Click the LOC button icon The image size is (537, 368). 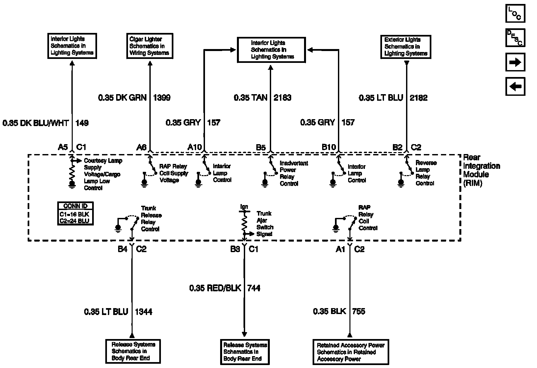[x=515, y=13]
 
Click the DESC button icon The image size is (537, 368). [x=515, y=38]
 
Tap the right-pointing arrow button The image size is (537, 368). [x=515, y=62]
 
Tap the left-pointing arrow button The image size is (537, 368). [x=515, y=87]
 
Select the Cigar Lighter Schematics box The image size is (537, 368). [x=149, y=46]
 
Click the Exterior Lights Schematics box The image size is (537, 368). [x=406, y=47]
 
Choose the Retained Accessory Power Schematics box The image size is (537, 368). [x=350, y=352]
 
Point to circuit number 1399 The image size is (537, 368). [x=162, y=98]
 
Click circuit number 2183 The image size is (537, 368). [x=282, y=98]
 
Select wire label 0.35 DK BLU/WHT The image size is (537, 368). [x=36, y=123]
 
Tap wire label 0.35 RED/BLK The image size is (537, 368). [x=215, y=288]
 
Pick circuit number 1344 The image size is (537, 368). [x=144, y=312]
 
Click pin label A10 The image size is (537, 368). [x=194, y=147]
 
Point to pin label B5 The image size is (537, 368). [x=261, y=147]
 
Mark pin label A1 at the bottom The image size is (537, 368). [x=340, y=250]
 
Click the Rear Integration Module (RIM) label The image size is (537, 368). [x=481, y=170]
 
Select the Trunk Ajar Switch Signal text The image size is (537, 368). [x=265, y=224]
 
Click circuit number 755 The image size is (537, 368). [x=359, y=311]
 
